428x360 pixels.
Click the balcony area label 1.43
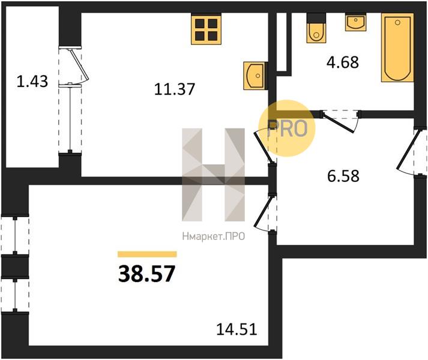coord(32,82)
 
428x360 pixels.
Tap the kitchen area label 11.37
coord(175,89)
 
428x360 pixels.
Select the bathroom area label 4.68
coord(343,62)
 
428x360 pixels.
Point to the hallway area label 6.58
coord(343,176)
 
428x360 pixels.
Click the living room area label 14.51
coord(237,329)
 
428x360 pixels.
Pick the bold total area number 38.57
coord(146,274)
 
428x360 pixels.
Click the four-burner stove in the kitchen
coord(206,29)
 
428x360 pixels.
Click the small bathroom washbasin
coord(355,22)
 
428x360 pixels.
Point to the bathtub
coord(397,47)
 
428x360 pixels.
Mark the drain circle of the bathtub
coord(398,22)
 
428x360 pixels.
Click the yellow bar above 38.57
coord(147,254)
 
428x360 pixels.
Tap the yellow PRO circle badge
coord(287,128)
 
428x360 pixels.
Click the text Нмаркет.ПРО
coord(214,236)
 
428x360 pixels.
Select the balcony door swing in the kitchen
coord(79,65)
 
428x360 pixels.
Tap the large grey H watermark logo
coord(214,175)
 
